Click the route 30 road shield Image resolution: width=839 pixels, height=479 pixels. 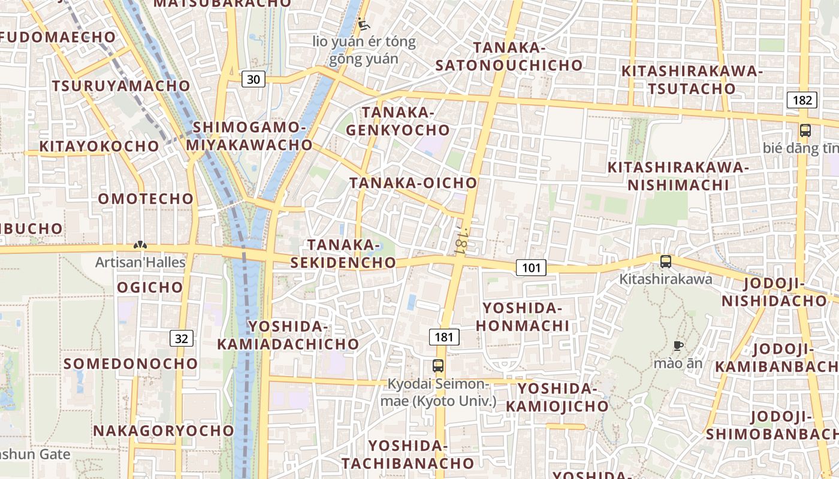click(253, 79)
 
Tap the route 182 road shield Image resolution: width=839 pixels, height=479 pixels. click(802, 100)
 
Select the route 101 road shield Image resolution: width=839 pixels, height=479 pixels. click(531, 267)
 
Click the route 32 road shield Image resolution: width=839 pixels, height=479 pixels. click(182, 338)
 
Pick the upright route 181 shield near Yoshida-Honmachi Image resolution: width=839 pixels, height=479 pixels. click(444, 337)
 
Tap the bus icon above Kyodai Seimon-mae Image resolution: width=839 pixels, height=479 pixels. click(438, 365)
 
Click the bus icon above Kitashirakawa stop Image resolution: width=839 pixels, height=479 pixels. click(665, 261)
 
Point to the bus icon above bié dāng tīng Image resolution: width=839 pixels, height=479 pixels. click(805, 131)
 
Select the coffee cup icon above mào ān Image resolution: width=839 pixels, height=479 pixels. click(678, 345)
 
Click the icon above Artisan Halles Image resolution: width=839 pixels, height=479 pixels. click(140, 245)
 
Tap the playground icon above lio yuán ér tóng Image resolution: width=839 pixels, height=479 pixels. click(363, 25)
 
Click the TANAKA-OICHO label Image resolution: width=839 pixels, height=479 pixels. click(414, 183)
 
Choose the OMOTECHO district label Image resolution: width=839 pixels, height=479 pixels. click(146, 198)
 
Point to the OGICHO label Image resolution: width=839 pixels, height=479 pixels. click(150, 287)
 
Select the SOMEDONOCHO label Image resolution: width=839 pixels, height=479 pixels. click(131, 363)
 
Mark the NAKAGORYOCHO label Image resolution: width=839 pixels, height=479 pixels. click(164, 431)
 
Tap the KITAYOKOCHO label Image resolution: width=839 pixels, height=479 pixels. click(99, 146)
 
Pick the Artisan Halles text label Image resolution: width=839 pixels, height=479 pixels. click(141, 262)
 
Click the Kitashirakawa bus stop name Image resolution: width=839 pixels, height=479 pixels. click(665, 278)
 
